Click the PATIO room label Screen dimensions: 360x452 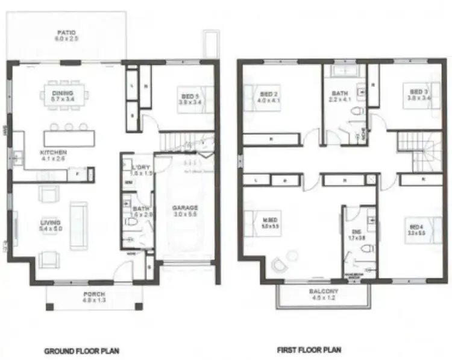pos(66,33)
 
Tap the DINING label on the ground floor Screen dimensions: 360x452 pos(63,93)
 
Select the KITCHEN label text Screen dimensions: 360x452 pos(53,153)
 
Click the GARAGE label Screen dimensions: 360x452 pos(186,208)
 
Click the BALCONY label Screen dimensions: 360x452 pos(324,291)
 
